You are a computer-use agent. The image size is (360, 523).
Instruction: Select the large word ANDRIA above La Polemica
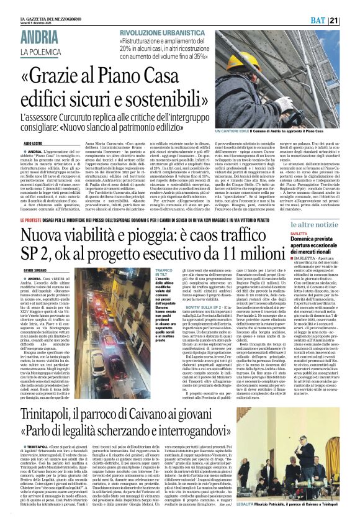(x=40, y=37)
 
